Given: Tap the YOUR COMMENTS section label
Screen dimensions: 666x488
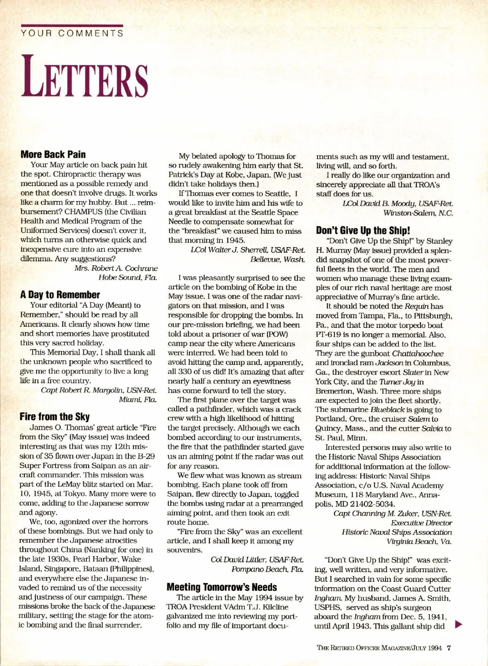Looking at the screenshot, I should (72, 34).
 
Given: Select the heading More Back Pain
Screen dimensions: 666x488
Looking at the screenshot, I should (53, 154).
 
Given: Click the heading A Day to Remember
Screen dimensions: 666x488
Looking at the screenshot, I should (60, 295).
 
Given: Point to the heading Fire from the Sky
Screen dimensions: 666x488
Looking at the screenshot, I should (54, 417).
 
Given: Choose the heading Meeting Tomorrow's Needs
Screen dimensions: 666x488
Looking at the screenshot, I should (222, 587).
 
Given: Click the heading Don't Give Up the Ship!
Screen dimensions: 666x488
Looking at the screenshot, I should (363, 231).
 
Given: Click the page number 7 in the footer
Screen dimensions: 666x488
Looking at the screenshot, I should (449, 648).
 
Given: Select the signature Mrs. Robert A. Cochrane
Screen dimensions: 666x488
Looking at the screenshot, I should (116, 268).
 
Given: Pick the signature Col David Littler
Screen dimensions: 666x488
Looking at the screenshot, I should (257, 560).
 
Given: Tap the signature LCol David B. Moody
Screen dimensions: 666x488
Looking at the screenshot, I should (397, 204).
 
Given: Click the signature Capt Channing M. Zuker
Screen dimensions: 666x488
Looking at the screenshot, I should (392, 514).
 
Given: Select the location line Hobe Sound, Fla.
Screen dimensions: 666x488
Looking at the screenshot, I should (128, 278).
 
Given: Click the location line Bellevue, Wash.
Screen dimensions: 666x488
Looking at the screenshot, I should (277, 259).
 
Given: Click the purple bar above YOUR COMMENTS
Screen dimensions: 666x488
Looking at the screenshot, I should (72, 26).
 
